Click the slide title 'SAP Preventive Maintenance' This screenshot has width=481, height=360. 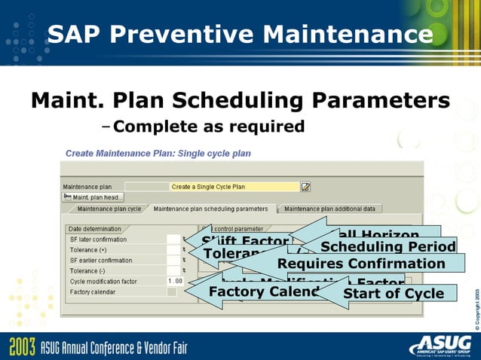[240, 34]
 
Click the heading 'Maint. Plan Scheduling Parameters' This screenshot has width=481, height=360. [240, 100]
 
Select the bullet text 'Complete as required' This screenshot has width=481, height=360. [209, 126]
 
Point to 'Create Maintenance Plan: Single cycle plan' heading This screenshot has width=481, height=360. [158, 153]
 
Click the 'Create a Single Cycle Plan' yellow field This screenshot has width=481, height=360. [234, 187]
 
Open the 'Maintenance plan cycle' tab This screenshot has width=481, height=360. [109, 209]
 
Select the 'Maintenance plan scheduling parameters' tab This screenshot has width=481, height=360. [210, 209]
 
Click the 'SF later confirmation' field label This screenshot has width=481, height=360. [99, 239]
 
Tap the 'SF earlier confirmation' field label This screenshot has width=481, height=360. [100, 260]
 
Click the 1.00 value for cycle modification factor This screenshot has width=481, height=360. [174, 281]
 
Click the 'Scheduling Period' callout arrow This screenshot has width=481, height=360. [384, 247]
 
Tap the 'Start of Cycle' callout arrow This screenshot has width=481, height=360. [391, 293]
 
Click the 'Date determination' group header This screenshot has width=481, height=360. [94, 228]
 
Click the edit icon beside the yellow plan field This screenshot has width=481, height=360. [305, 187]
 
